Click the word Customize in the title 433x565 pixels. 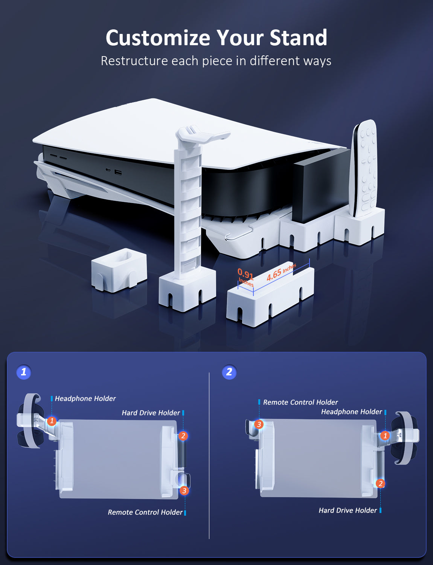pyautogui.click(x=158, y=38)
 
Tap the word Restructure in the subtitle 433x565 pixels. pyautogui.click(x=134, y=61)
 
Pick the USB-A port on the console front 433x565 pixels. pyautogui.click(x=118, y=173)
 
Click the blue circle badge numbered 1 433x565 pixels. pyautogui.click(x=24, y=372)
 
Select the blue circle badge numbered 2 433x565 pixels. pyautogui.click(x=229, y=372)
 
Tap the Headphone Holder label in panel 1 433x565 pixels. pyautogui.click(x=85, y=399)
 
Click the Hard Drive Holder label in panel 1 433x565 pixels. pyautogui.click(x=151, y=412)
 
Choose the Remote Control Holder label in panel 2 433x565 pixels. pyautogui.click(x=300, y=402)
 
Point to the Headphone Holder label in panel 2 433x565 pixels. pyautogui.click(x=352, y=412)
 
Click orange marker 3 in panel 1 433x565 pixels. pyautogui.click(x=184, y=490)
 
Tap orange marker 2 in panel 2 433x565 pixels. pyautogui.click(x=381, y=483)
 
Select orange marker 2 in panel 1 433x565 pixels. pyautogui.click(x=183, y=436)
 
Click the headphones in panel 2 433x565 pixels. pyautogui.click(x=404, y=438)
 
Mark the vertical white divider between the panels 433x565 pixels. pyautogui.click(x=209, y=455)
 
